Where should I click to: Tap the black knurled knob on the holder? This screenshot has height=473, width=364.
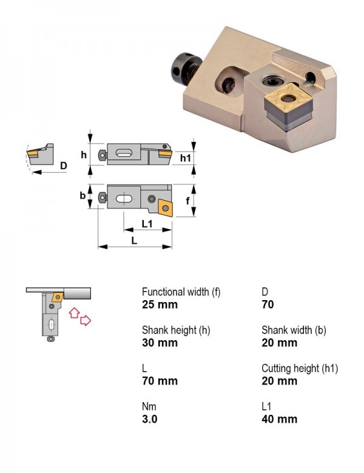click(183, 68)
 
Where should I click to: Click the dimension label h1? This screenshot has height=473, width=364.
click(185, 158)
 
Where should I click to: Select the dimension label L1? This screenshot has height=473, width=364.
click(147, 224)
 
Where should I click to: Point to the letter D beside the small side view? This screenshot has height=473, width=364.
click(63, 166)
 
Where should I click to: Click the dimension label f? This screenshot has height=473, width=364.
click(187, 200)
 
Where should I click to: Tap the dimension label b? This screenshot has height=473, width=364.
click(83, 195)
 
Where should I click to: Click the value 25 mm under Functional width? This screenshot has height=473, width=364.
click(160, 304)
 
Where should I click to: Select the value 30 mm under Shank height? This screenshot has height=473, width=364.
click(160, 343)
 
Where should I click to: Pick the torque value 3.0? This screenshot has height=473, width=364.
click(149, 419)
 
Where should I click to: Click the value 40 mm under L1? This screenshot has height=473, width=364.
click(279, 419)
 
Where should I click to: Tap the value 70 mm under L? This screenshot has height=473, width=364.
click(160, 381)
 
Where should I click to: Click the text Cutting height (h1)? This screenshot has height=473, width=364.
click(300, 368)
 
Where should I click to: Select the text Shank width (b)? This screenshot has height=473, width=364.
click(294, 330)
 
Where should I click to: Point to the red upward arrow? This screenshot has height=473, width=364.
click(74, 312)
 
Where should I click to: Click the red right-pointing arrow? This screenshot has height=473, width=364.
click(86, 320)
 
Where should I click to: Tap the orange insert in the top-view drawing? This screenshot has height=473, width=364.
click(165, 207)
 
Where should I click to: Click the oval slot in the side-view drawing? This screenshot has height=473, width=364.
click(124, 153)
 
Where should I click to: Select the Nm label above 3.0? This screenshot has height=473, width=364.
click(149, 407)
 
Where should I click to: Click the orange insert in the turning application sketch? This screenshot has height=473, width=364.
click(58, 297)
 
